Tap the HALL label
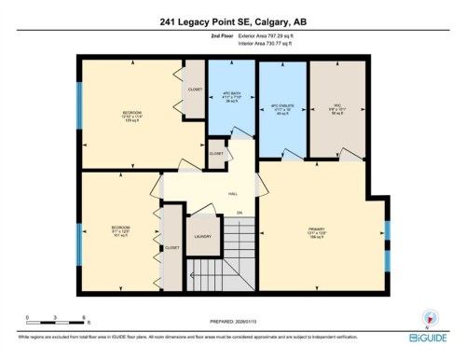point(231,195)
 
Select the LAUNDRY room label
point(203,237)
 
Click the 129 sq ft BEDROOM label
point(132,116)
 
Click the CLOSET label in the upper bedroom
point(195,90)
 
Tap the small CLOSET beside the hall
point(216,153)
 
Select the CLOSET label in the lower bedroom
point(172,248)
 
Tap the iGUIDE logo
point(432,339)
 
